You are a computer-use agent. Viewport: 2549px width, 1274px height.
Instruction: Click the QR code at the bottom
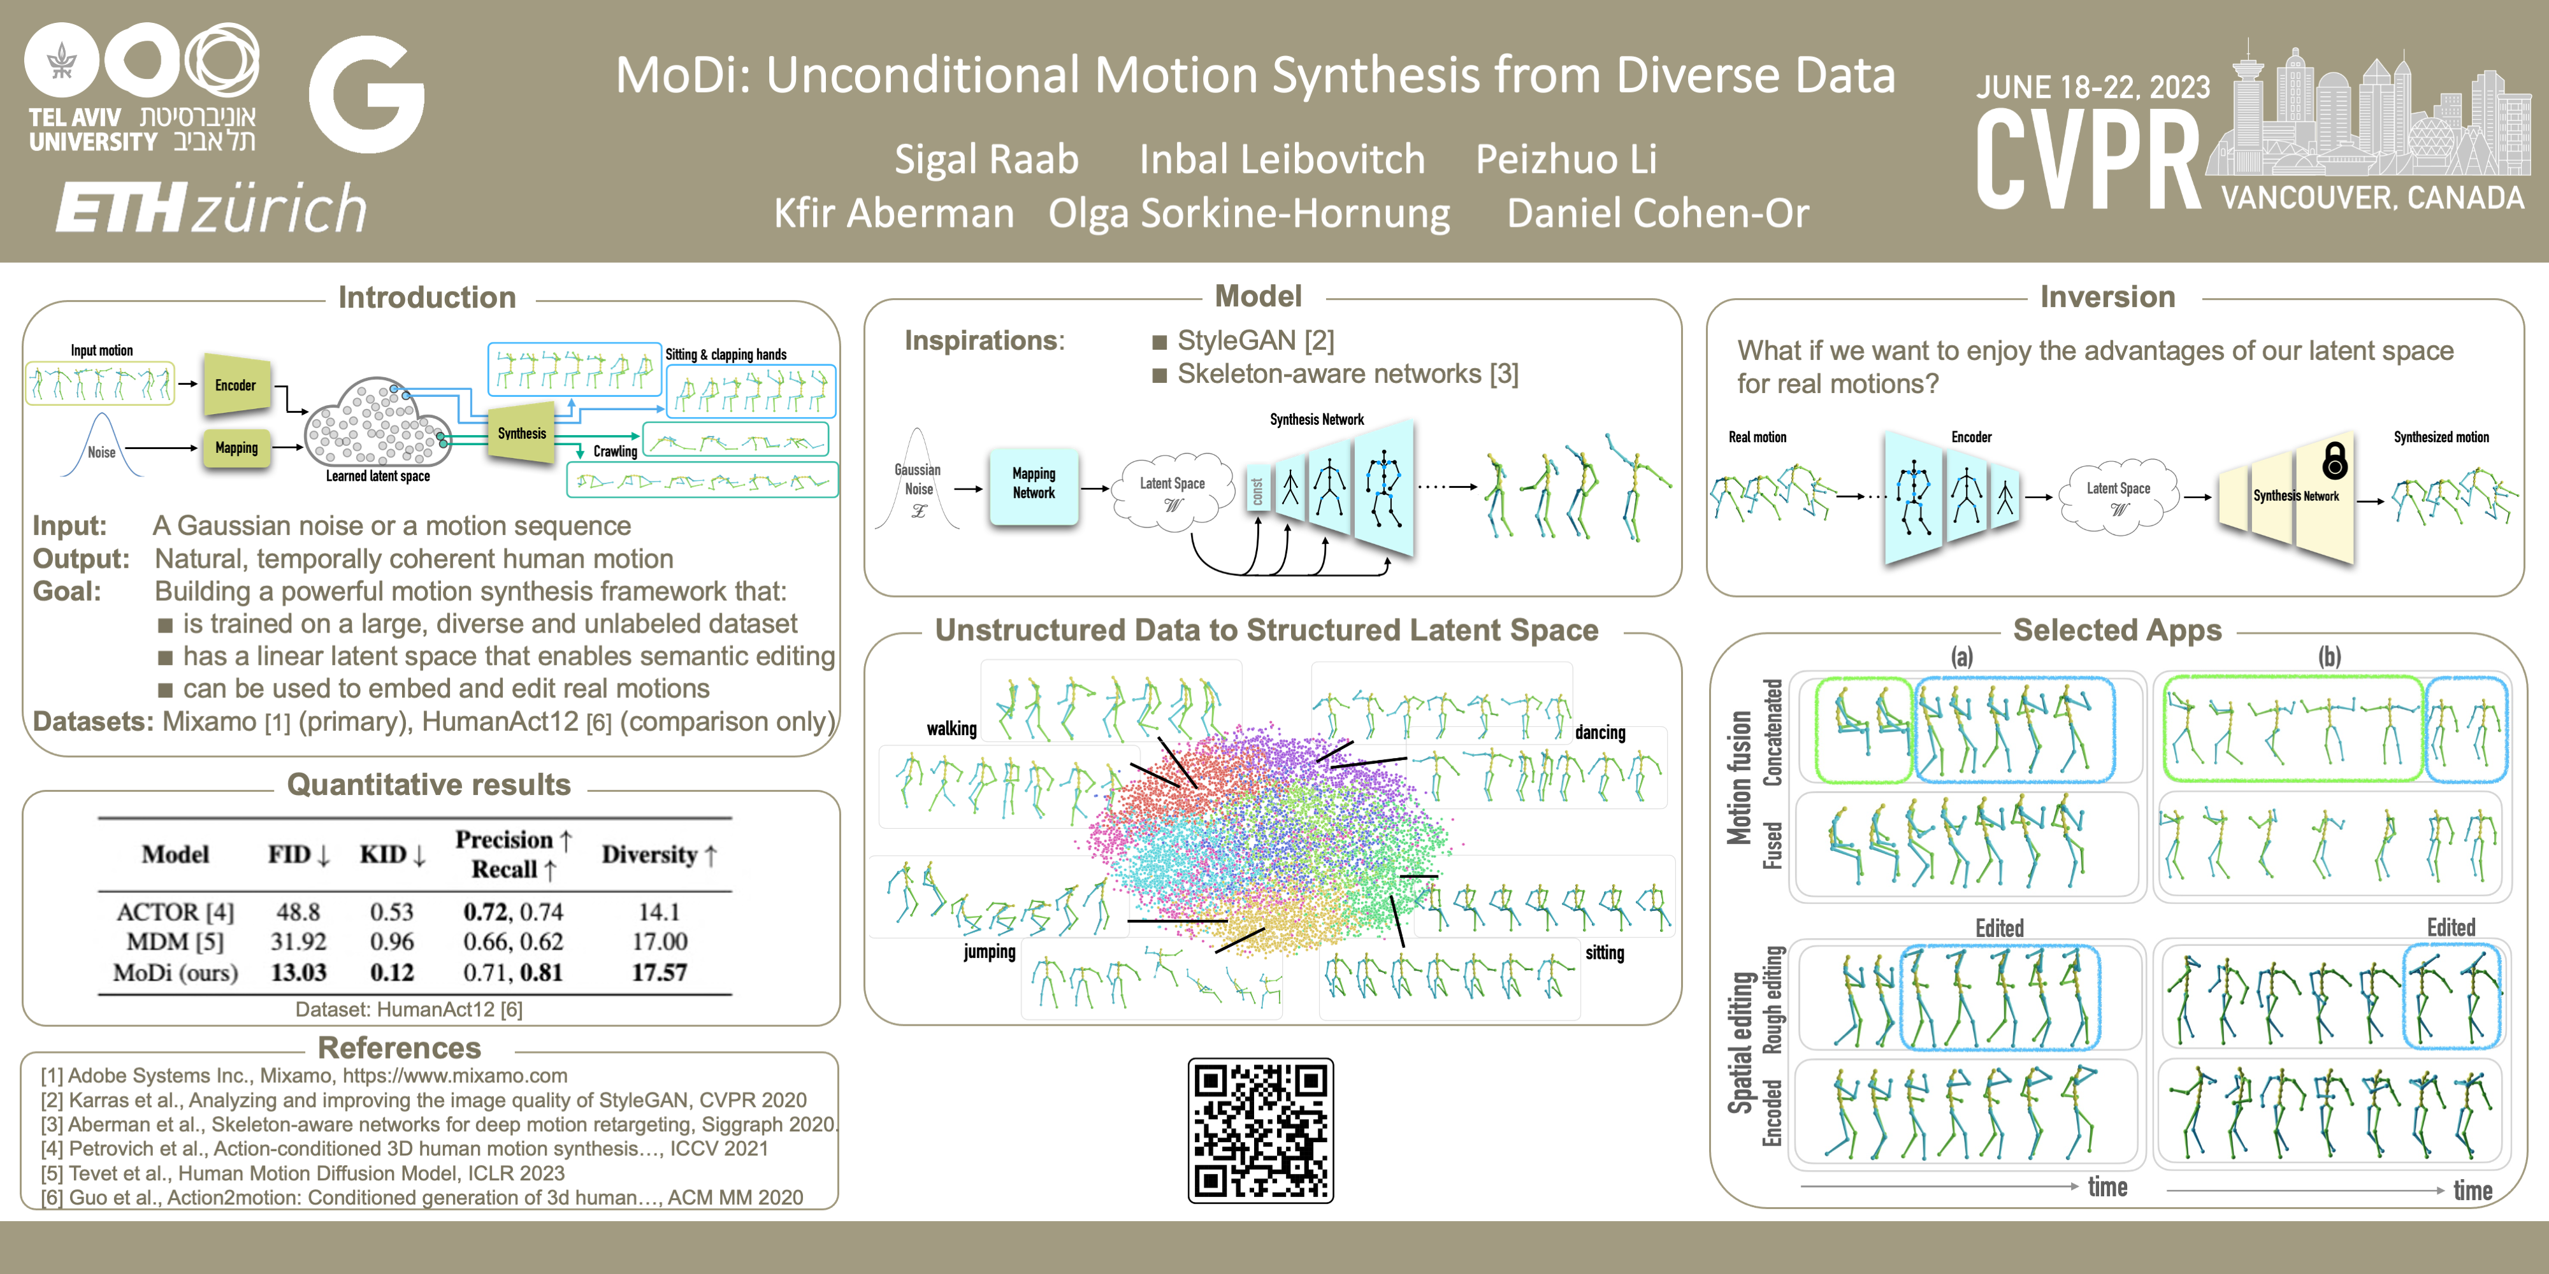coord(1260,1129)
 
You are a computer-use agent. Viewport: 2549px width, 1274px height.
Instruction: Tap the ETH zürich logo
coord(211,208)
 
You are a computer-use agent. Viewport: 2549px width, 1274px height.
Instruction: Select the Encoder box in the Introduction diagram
coord(236,385)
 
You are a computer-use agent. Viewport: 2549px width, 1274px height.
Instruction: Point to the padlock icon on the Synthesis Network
coord(2334,460)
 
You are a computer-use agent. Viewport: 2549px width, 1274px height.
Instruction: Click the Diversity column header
coord(658,855)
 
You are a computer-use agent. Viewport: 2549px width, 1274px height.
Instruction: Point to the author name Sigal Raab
coord(986,159)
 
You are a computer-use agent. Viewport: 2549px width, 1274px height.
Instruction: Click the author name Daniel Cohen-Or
coord(1657,213)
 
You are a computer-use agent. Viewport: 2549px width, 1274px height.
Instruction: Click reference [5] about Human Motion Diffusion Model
coord(303,1173)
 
